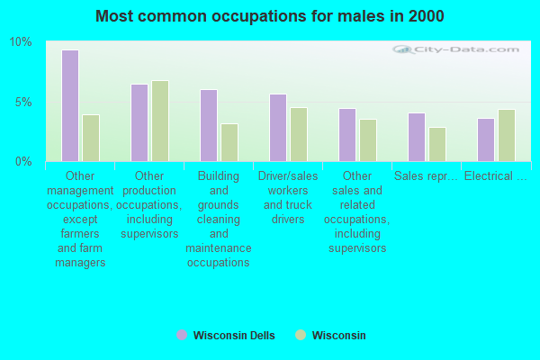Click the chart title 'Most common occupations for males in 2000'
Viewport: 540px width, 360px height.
[x=269, y=16]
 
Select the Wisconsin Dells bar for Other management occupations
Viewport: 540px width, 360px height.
[x=70, y=105]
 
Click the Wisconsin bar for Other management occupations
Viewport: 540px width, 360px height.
[x=91, y=138]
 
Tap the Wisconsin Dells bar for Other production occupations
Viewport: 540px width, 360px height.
[x=139, y=122]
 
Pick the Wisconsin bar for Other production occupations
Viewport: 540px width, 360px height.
[x=160, y=121]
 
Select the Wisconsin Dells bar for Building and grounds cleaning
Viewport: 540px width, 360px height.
[x=209, y=125]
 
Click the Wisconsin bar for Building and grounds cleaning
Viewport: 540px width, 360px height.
[x=229, y=142]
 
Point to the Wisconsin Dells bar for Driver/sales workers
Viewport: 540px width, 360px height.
[x=278, y=127]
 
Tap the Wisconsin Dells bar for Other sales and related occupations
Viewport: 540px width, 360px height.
[x=347, y=134]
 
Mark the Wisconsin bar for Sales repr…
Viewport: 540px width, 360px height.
[x=437, y=144]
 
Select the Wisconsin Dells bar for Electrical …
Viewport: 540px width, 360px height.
[x=486, y=139]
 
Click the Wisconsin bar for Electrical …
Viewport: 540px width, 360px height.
[x=507, y=135]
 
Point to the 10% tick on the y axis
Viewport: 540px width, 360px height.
[x=21, y=42]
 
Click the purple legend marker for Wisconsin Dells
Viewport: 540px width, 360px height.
[x=182, y=335]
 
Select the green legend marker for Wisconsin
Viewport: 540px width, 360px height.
[x=301, y=335]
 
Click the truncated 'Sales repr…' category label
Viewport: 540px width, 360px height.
[x=426, y=175]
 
